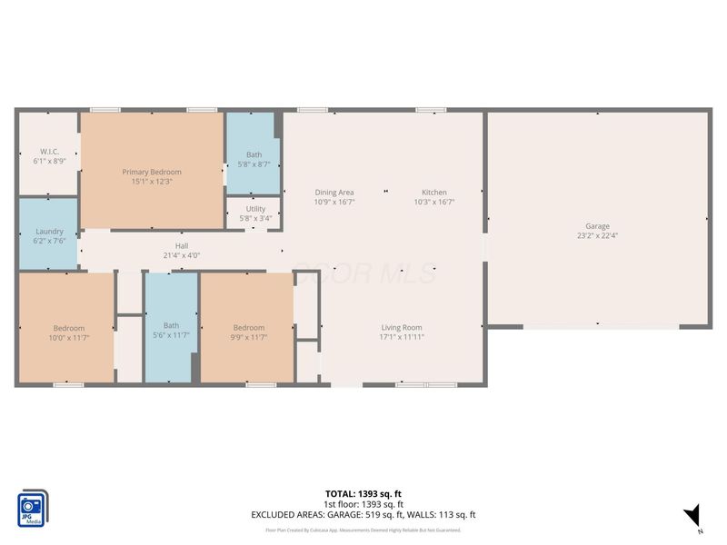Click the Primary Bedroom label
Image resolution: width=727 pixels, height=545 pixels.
[x=152, y=172]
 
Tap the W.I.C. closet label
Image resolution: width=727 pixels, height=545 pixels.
[x=49, y=151]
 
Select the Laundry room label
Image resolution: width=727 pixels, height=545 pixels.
[x=49, y=232]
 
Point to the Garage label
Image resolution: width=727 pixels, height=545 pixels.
[x=597, y=226]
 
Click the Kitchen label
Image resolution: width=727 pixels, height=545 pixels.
[x=433, y=193]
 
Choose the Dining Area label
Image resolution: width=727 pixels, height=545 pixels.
[x=334, y=193]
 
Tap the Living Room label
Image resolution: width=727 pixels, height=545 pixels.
[x=401, y=328]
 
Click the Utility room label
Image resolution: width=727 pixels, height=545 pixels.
[x=255, y=209]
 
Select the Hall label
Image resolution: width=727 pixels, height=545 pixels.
[x=182, y=246]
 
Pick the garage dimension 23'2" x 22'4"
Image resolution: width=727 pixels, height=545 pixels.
[x=597, y=235]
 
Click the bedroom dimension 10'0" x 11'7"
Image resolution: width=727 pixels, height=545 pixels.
[x=68, y=337]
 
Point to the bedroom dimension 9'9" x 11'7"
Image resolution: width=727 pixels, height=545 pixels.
[x=248, y=337]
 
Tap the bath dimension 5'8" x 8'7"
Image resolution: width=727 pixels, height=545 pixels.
[x=254, y=163]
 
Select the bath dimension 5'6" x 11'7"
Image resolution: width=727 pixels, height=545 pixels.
[x=171, y=335]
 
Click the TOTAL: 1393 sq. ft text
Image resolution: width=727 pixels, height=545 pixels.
[x=363, y=493]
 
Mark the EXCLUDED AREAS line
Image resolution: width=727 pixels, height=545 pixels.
[x=363, y=515]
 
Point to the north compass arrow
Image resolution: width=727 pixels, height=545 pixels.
[x=693, y=515]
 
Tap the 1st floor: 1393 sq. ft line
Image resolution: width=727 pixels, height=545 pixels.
[x=363, y=504]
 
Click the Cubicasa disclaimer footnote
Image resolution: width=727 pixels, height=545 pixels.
[x=363, y=530]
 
